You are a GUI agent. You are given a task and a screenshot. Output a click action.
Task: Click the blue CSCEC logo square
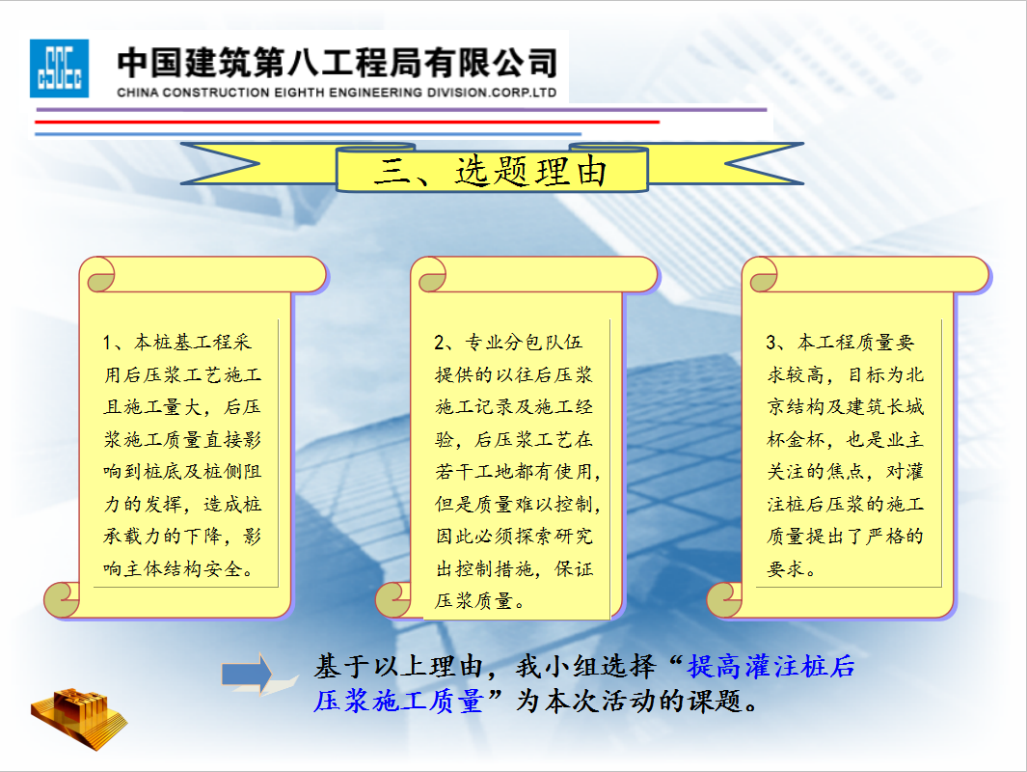tap(59, 69)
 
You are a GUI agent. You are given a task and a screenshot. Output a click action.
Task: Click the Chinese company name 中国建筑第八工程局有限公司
tap(338, 63)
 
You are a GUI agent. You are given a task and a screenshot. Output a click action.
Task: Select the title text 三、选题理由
tap(491, 171)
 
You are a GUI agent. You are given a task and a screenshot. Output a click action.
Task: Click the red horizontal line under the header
tap(347, 122)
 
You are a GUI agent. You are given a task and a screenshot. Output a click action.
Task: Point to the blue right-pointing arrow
tap(247, 674)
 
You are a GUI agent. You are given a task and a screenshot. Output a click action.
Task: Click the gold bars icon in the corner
tap(79, 718)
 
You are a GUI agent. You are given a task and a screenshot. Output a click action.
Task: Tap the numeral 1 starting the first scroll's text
tap(107, 343)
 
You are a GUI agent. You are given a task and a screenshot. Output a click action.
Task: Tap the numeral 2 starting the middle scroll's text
tap(439, 343)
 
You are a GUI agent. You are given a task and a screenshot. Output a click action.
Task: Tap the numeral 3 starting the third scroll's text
tap(770, 343)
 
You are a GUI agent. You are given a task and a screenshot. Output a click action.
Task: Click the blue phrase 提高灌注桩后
tap(770, 667)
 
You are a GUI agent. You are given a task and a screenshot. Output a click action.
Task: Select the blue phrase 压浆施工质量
tap(398, 702)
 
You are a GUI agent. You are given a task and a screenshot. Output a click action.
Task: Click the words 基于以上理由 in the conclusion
tap(398, 667)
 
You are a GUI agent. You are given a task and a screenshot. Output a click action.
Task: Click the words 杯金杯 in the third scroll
tap(796, 439)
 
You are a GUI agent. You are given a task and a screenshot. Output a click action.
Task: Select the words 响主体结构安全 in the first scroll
tap(173, 568)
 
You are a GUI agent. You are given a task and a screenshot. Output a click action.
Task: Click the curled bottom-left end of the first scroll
tap(62, 599)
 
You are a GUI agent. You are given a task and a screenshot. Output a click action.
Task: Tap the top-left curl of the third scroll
tap(760, 275)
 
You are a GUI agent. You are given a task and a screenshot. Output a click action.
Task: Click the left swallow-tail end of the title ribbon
tap(220, 164)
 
